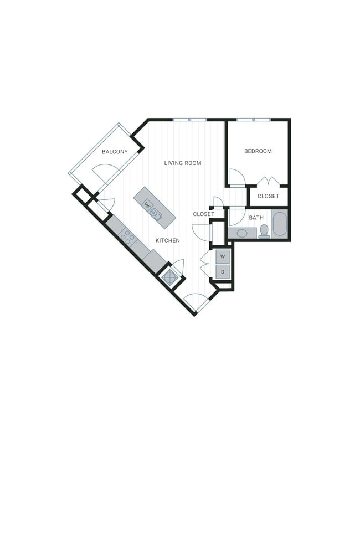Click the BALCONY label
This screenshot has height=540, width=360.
coord(115,151)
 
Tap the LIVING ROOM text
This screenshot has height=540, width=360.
coord(183,163)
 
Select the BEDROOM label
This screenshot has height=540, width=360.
coord(258,151)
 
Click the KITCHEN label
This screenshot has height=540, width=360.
coord(167,240)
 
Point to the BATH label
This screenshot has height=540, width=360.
coord(256,218)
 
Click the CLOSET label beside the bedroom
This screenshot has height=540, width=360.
coord(269,196)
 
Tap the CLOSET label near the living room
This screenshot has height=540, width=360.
coord(203,214)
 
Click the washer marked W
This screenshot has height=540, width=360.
coord(223,257)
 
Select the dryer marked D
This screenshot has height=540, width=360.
coord(223,271)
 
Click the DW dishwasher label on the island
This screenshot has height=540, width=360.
coord(147,204)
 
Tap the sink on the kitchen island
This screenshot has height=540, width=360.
coord(156,214)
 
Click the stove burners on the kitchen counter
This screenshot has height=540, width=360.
coord(127,236)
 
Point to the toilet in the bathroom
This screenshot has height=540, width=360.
coord(264,231)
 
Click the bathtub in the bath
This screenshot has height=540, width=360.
coord(280,224)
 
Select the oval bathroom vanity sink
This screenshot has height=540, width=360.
coord(242,233)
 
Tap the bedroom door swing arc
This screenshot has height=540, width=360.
coord(236,177)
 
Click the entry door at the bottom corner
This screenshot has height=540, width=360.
coord(196,302)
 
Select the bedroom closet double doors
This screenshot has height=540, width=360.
coord(269,182)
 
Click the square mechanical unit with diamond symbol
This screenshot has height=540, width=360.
coord(169,277)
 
